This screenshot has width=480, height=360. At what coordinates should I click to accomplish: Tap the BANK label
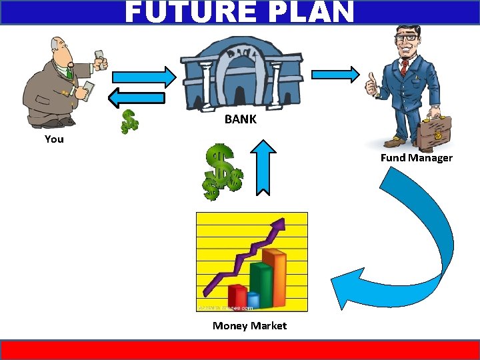pos(240,120)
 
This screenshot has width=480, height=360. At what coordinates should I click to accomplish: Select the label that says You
pos(54,139)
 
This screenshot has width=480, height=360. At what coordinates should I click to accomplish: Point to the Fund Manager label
pos(416,158)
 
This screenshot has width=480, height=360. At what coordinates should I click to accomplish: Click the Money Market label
pos(249,326)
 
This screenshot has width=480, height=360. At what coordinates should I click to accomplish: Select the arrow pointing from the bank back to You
pos(137,98)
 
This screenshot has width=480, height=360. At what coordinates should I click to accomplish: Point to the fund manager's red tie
pos(404,67)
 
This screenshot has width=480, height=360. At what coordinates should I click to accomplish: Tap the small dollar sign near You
pos(129,121)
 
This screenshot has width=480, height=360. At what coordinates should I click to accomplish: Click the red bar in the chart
pos(237,296)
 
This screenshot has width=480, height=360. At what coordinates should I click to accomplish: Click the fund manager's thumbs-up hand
pos(371,86)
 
